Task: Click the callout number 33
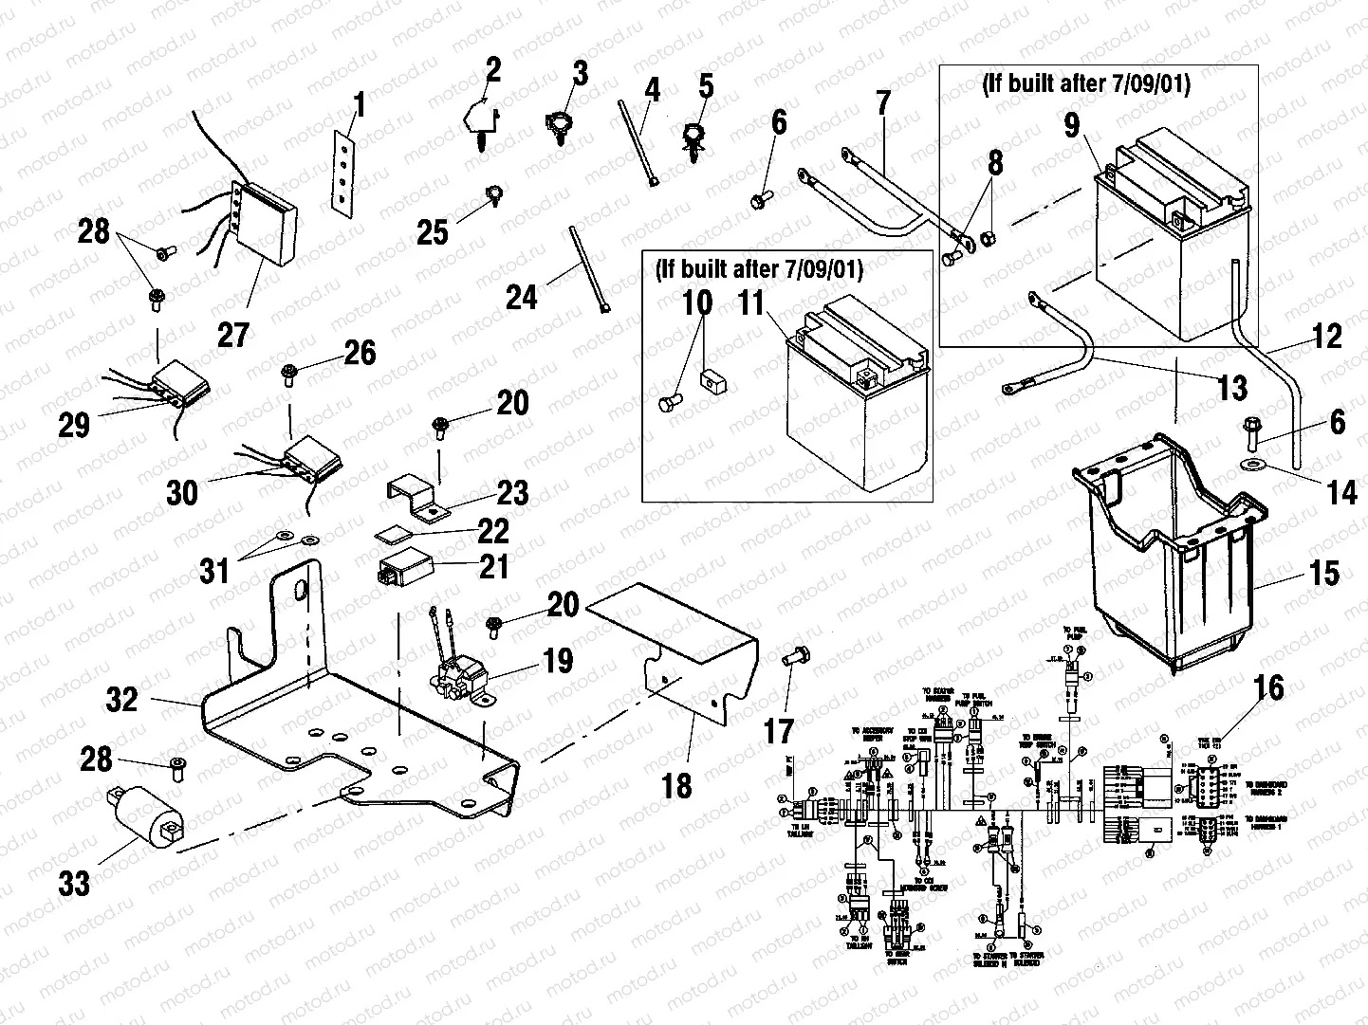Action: pyautogui.click(x=74, y=884)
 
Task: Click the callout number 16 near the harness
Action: pyautogui.click(x=1270, y=687)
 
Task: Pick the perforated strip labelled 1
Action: pyautogui.click(x=344, y=169)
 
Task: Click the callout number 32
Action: pyautogui.click(x=122, y=700)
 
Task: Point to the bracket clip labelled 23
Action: pyautogui.click(x=418, y=499)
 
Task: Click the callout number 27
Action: pyautogui.click(x=233, y=334)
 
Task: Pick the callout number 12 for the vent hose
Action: pyautogui.click(x=1327, y=336)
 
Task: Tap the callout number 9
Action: pyautogui.click(x=1072, y=124)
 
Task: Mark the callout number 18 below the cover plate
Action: pyautogui.click(x=678, y=784)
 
